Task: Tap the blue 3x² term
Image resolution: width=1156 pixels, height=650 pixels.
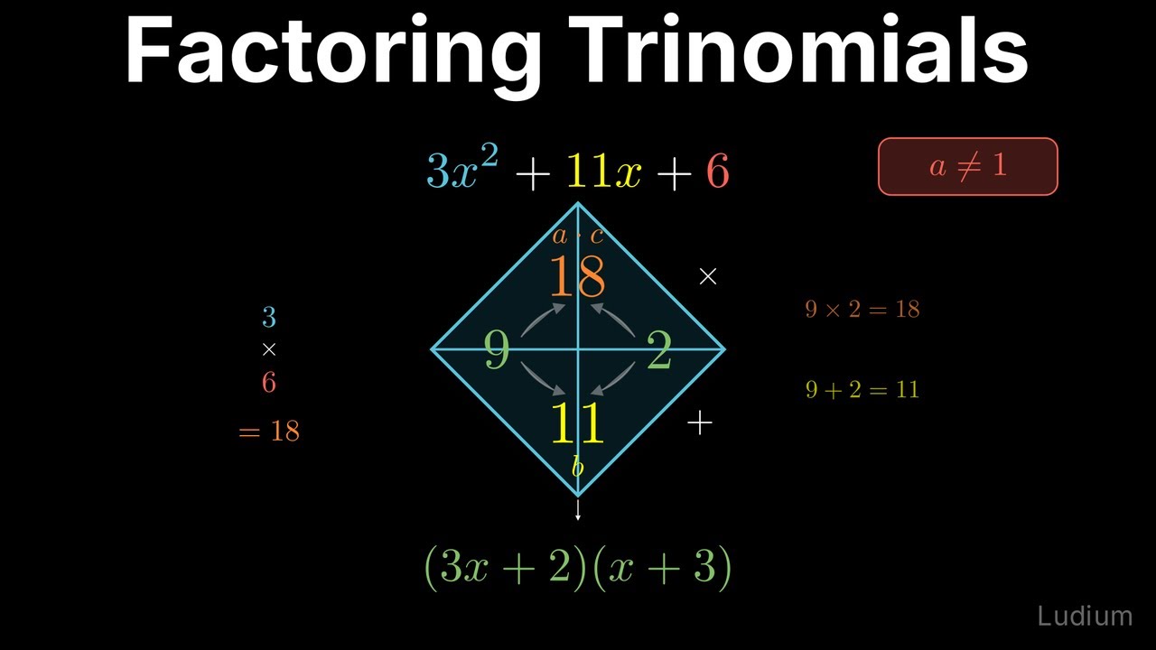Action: coord(460,170)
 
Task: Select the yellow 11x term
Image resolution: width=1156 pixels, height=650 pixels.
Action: coord(604,171)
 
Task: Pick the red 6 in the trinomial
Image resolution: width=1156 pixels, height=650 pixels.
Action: coord(717,171)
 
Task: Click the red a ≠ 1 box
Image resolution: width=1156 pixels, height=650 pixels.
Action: coord(967,166)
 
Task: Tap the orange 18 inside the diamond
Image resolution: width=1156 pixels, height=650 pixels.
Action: coord(577,277)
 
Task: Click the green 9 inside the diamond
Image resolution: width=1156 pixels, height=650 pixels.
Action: coord(497,350)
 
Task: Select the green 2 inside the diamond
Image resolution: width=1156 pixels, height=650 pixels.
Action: coord(659,352)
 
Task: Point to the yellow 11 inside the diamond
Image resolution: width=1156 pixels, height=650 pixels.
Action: coord(577,423)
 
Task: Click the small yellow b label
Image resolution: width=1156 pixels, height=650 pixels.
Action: coord(577,467)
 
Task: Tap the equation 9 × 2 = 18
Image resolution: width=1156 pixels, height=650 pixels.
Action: coord(862,309)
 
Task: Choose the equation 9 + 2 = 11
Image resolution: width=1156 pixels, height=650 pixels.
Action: coord(862,389)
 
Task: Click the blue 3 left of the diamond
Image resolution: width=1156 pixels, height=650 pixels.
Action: coord(268,317)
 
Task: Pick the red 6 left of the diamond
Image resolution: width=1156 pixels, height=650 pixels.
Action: coord(268,383)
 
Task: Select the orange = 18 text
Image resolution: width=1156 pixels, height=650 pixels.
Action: coord(269,431)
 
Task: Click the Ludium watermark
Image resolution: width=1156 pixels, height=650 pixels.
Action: coord(1084,617)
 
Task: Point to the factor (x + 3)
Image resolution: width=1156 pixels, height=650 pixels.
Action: coord(662,567)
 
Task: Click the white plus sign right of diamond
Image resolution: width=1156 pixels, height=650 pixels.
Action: coord(700,422)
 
